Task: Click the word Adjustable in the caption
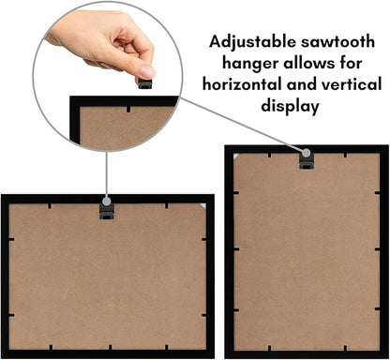click(x=252, y=42)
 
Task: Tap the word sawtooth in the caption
click(x=337, y=42)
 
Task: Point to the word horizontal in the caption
click(x=242, y=84)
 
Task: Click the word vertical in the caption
click(x=351, y=84)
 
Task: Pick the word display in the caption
click(x=290, y=106)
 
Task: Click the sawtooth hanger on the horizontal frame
click(x=107, y=212)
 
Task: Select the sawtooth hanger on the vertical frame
click(x=307, y=161)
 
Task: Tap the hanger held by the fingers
click(x=145, y=83)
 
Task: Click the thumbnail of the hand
click(x=147, y=71)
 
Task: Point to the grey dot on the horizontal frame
click(x=107, y=201)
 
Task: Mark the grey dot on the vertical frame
click(x=307, y=153)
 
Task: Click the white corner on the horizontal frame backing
click(x=203, y=205)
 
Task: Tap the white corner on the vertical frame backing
click(x=236, y=156)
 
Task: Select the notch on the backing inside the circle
click(x=128, y=110)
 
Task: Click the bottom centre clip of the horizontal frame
click(x=110, y=347)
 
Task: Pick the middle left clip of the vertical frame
click(x=236, y=249)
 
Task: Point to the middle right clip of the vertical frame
click(x=377, y=249)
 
